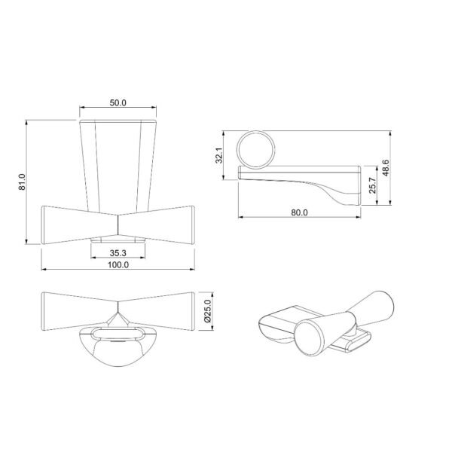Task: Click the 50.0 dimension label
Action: pyautogui.click(x=118, y=103)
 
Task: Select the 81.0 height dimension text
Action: pyautogui.click(x=22, y=182)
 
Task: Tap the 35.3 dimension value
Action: pyautogui.click(x=118, y=253)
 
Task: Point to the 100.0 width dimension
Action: pyautogui.click(x=118, y=264)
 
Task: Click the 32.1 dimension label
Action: pyautogui.click(x=219, y=155)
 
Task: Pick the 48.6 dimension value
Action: pyautogui.click(x=386, y=168)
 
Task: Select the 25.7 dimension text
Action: pyautogui.click(x=372, y=185)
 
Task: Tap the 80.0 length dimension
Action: pyautogui.click(x=299, y=212)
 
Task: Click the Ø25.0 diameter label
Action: pyautogui.click(x=208, y=310)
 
